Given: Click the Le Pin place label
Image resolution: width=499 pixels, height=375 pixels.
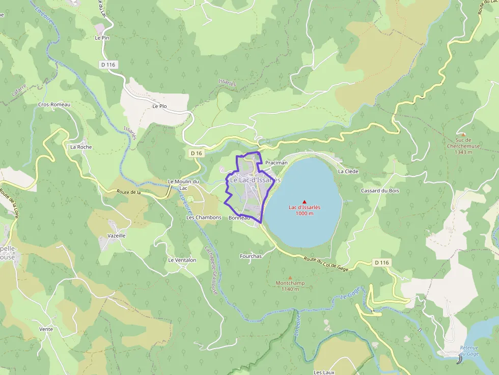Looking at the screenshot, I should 102,38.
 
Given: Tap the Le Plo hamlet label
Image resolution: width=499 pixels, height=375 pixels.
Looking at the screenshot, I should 159,106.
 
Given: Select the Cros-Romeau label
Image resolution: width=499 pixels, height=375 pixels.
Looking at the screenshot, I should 54,104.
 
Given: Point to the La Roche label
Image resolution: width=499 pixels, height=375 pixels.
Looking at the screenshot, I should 81,147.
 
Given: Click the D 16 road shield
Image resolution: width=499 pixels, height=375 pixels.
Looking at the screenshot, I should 196,153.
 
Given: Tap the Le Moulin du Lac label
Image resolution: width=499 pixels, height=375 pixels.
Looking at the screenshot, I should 183,185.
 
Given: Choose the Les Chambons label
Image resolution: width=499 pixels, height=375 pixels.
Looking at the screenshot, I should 204,217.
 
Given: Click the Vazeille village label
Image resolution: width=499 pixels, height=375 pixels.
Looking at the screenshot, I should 117,236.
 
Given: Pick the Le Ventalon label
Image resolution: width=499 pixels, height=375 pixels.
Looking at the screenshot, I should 182,260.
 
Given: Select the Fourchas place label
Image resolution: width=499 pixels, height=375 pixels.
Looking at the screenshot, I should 251,256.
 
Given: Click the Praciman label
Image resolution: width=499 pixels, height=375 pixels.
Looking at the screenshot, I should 276,163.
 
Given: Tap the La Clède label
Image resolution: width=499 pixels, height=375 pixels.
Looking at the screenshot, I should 348,171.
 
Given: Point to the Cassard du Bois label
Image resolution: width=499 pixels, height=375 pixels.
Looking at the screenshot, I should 380,190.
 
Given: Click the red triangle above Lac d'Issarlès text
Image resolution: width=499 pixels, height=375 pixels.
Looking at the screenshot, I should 304,201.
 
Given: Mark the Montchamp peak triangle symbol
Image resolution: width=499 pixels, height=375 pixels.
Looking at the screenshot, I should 290,277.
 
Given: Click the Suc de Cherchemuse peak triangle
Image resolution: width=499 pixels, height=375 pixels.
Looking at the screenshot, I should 463,134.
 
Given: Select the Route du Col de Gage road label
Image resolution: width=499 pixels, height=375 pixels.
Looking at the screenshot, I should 326,264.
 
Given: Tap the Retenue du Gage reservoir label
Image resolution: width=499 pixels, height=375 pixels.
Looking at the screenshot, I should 469,351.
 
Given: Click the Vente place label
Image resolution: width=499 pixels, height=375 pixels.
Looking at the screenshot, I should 46,329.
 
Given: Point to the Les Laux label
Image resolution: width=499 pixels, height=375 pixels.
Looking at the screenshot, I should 324,372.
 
